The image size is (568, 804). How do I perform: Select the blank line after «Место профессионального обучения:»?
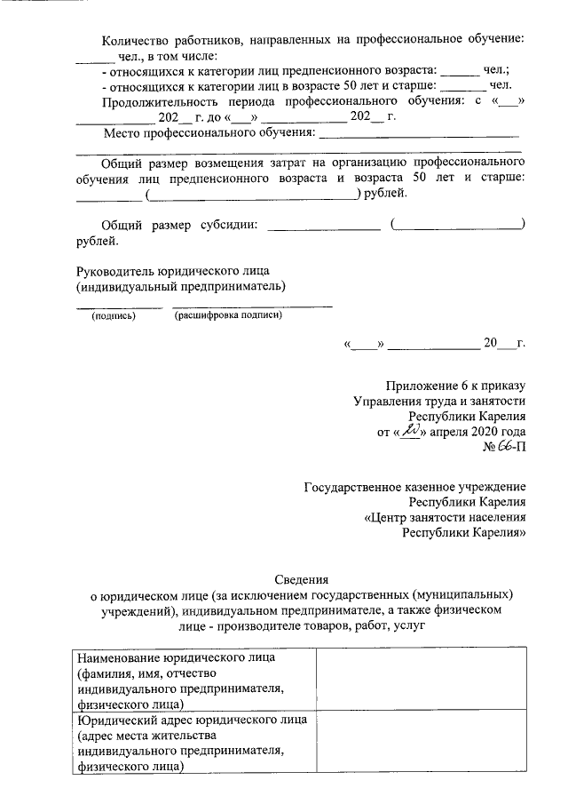[418, 134]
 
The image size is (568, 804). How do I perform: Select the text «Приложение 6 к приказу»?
[456, 385]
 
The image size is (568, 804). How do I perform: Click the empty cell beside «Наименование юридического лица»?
[421, 681]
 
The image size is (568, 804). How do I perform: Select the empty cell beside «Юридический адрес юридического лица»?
[421, 744]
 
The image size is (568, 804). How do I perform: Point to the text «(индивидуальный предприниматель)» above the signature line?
[181, 286]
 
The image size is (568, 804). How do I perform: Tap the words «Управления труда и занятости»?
[440, 401]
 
